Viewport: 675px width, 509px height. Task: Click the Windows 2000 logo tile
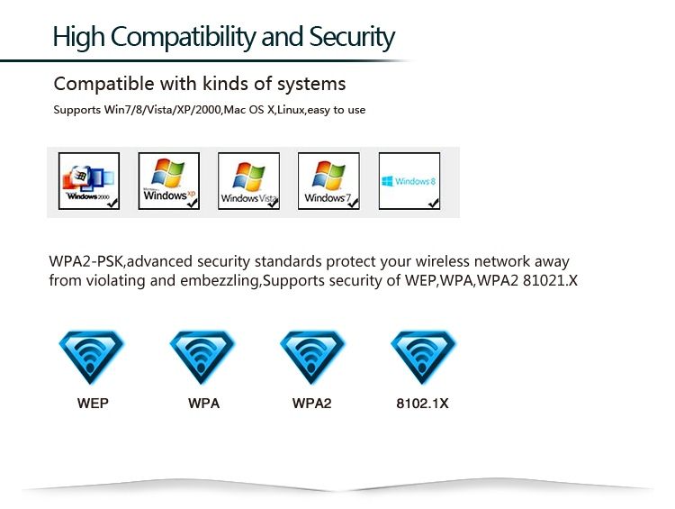tap(88, 181)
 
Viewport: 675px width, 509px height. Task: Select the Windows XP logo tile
tap(168, 181)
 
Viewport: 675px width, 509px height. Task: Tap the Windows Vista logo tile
tap(248, 181)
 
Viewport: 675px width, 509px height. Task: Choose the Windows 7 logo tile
tap(328, 181)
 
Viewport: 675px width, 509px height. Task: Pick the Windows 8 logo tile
tap(409, 181)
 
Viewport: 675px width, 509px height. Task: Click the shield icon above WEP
tap(92, 358)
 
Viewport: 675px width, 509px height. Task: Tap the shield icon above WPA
tap(203, 358)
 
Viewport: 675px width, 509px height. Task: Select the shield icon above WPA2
tap(311, 358)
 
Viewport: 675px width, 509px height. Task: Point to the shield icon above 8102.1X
tap(422, 358)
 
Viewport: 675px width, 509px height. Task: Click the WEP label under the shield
tap(92, 404)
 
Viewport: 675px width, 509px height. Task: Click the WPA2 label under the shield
tap(311, 404)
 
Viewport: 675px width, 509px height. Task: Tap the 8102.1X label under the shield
tap(422, 404)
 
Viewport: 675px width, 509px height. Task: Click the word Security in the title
tap(352, 38)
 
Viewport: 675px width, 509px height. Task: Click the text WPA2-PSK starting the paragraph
tap(85, 262)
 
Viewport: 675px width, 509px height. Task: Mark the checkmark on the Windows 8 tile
tap(434, 204)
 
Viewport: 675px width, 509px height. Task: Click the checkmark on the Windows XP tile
tap(192, 204)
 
